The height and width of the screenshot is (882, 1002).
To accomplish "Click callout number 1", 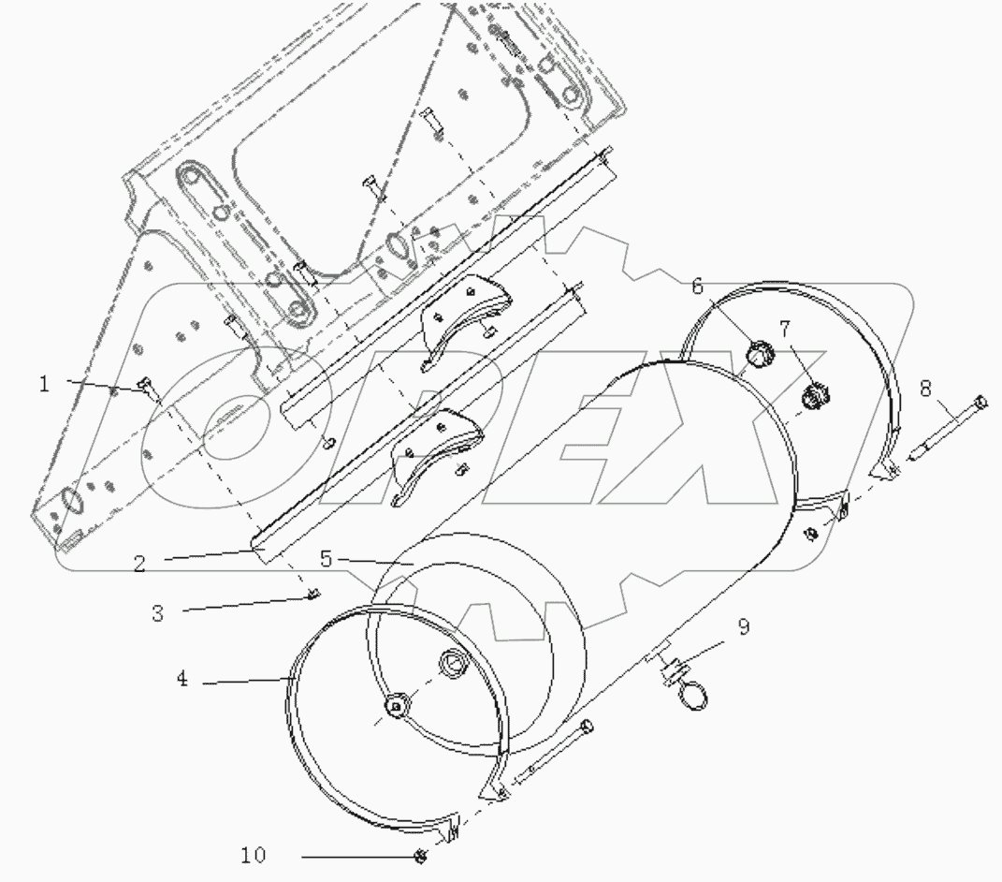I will pyautogui.click(x=44, y=383).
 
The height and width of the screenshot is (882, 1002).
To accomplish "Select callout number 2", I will pyautogui.click(x=138, y=564).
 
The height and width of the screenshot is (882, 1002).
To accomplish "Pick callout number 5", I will pyautogui.click(x=325, y=559).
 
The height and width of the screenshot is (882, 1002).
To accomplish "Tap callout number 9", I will pyautogui.click(x=743, y=627).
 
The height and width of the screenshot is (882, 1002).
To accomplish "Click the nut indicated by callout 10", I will pyautogui.click(x=421, y=855).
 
